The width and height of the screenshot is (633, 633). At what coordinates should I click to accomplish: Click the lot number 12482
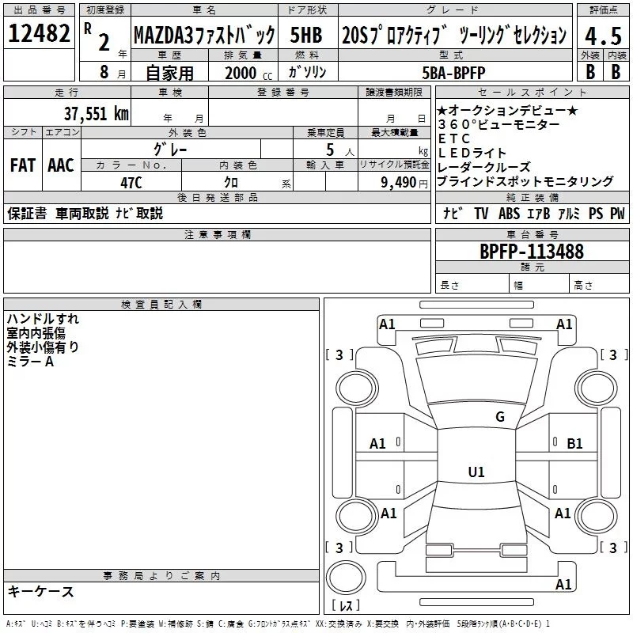tap(39, 33)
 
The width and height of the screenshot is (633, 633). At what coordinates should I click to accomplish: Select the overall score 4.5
tap(603, 36)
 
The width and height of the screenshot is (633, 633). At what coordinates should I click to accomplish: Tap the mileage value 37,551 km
tap(96, 113)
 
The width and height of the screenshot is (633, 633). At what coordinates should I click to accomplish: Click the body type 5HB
tap(306, 35)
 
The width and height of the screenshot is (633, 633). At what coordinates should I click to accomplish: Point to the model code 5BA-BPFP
tap(453, 73)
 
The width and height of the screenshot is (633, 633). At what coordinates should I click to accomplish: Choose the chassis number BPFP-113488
tap(531, 251)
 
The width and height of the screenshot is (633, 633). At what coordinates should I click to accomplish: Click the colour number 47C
tap(131, 183)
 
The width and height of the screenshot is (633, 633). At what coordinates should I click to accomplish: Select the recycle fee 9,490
tap(399, 182)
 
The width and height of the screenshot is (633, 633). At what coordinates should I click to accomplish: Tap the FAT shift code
tap(23, 165)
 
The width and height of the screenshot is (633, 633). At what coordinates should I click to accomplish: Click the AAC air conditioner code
tap(61, 165)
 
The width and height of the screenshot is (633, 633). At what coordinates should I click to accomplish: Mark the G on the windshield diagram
tap(500, 416)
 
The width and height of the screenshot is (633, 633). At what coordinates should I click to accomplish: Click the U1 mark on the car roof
tap(476, 472)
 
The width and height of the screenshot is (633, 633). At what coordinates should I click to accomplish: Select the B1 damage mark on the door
tap(574, 444)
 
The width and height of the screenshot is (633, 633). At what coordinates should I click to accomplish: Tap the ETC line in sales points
tap(454, 138)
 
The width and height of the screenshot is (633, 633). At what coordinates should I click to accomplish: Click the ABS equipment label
tap(509, 213)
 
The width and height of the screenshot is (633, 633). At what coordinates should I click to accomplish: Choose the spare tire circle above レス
tap(346, 577)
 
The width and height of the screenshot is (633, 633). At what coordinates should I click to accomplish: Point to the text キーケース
tap(41, 591)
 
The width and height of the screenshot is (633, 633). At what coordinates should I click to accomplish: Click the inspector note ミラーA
tap(30, 362)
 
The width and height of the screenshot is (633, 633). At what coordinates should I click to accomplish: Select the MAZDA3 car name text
tap(164, 35)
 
